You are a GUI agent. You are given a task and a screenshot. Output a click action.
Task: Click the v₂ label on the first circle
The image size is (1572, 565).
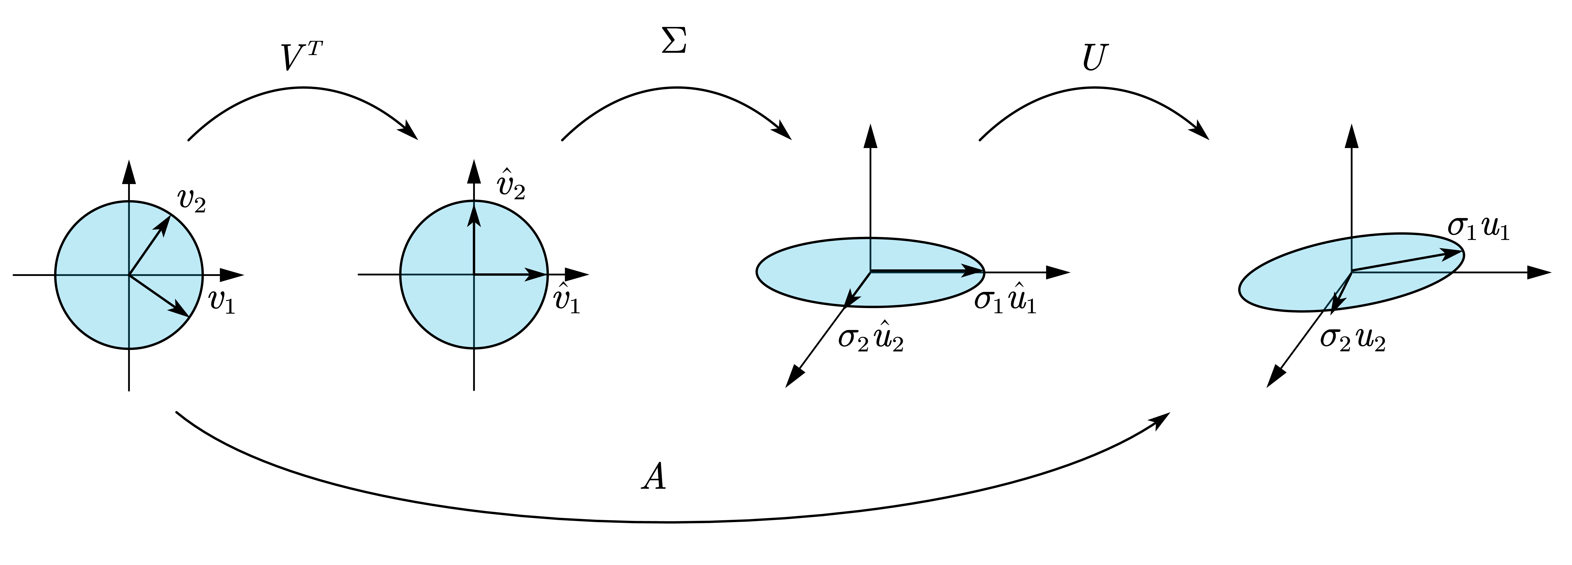[x=191, y=200]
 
